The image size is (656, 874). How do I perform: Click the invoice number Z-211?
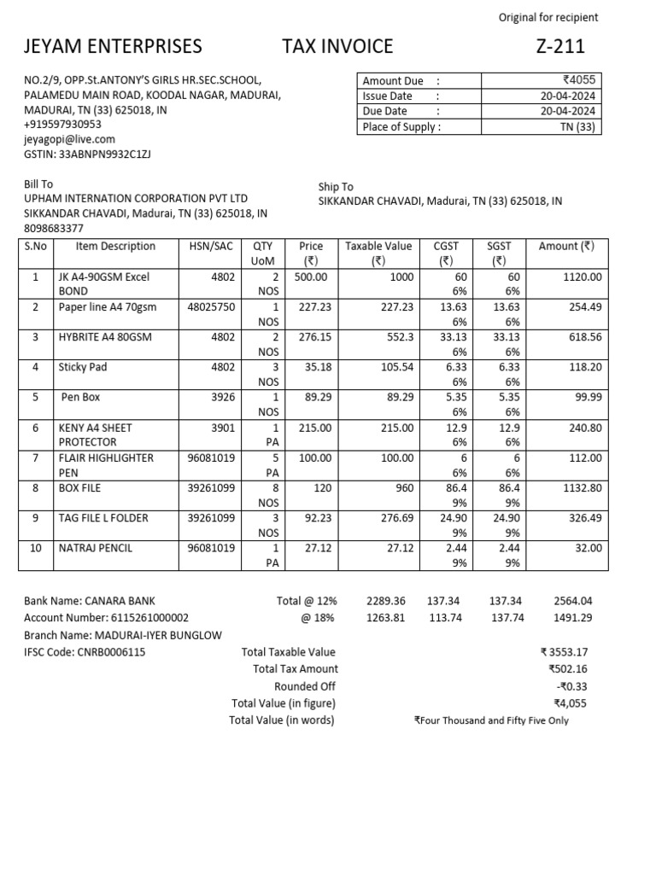click(560, 47)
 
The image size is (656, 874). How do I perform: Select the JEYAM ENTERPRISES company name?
click(113, 47)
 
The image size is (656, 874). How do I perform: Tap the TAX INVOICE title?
click(338, 47)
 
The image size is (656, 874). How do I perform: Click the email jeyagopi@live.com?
click(69, 139)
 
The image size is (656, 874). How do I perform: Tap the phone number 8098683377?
click(54, 228)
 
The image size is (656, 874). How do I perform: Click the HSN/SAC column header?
click(210, 247)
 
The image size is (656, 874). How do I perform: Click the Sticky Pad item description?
click(83, 368)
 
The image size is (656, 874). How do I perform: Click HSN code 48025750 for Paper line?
click(211, 307)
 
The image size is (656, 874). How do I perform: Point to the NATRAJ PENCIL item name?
click(96, 548)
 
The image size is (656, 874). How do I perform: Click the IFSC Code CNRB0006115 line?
click(85, 652)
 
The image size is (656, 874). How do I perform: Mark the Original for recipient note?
click(548, 18)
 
